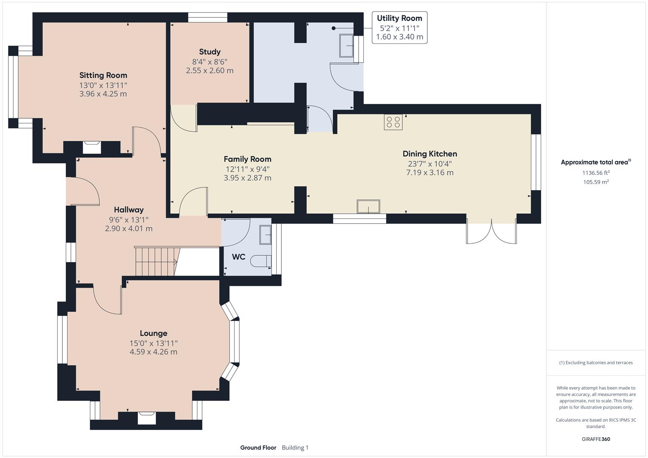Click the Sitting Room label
(x=103, y=75)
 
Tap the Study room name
(x=210, y=52)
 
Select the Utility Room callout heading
(x=399, y=18)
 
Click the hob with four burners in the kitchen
(x=393, y=122)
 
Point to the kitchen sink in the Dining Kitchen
(x=368, y=207)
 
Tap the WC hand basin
(x=266, y=235)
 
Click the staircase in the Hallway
(x=156, y=261)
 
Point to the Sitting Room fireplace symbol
(x=92, y=147)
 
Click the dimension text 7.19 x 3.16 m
(x=429, y=173)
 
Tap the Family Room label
(x=247, y=159)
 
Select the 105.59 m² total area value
(x=596, y=182)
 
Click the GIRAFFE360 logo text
(x=596, y=439)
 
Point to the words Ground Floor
(x=258, y=447)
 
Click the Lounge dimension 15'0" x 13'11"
(x=153, y=343)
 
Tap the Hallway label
(x=129, y=209)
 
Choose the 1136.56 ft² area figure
(x=596, y=173)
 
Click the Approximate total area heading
(x=595, y=162)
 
